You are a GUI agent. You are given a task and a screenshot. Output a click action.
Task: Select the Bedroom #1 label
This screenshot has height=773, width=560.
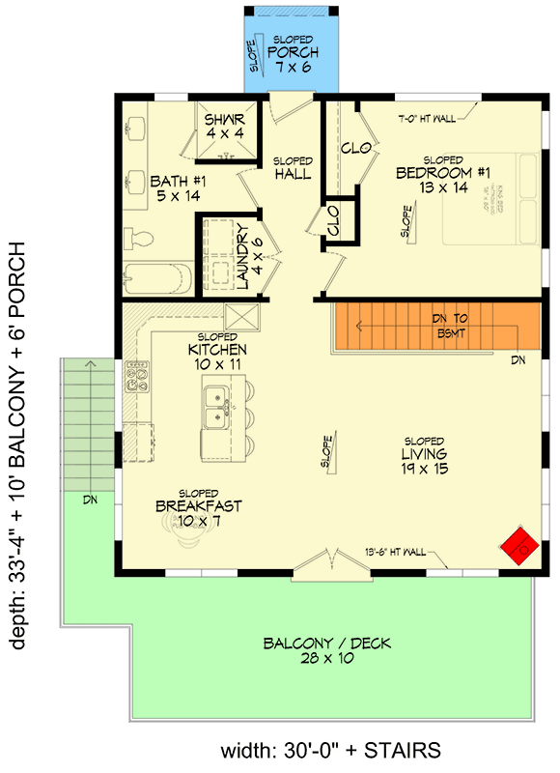coord(443,180)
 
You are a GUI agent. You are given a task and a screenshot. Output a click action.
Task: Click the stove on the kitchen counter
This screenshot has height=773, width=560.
coord(136,375)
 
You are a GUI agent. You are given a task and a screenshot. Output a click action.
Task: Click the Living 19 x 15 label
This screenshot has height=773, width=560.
coord(424,460)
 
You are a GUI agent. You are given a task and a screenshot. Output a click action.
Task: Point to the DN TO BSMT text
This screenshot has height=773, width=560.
coord(452,326)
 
